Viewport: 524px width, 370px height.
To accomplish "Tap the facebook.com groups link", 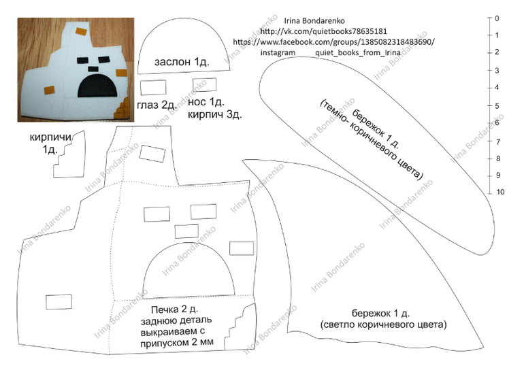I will pyautogui.click(x=333, y=41).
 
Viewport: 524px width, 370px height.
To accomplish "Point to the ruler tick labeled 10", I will pyautogui.click(x=500, y=192).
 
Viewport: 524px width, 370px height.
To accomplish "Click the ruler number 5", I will pyautogui.click(x=499, y=105).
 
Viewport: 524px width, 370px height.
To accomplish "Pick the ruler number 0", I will pyautogui.click(x=498, y=18).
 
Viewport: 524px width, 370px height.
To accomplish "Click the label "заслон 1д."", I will pyautogui.click(x=182, y=62).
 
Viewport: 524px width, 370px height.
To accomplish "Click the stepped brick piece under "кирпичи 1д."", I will pyautogui.click(x=69, y=157).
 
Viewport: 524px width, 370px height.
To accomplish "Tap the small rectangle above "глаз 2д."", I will pyautogui.click(x=153, y=86).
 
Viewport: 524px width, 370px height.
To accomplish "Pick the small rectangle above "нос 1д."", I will pyautogui.click(x=206, y=84).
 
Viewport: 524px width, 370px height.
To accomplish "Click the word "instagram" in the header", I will pyautogui.click(x=278, y=52).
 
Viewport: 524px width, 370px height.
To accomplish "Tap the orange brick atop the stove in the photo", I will pyautogui.click(x=80, y=32).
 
